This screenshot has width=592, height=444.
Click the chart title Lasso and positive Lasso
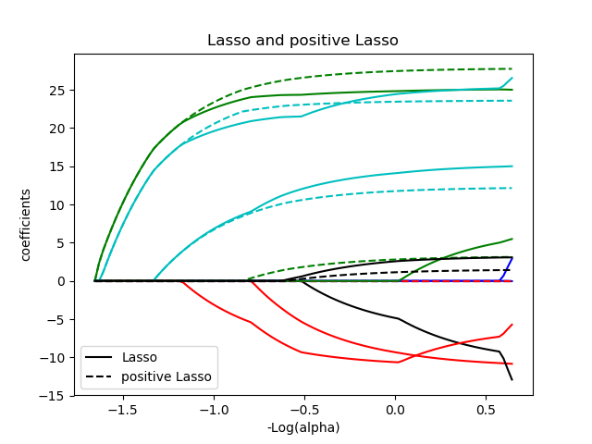point(302,41)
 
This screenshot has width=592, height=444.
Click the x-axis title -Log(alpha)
point(302,427)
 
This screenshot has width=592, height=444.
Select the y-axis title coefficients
point(26,225)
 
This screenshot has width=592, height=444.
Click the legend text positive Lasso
point(166,376)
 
